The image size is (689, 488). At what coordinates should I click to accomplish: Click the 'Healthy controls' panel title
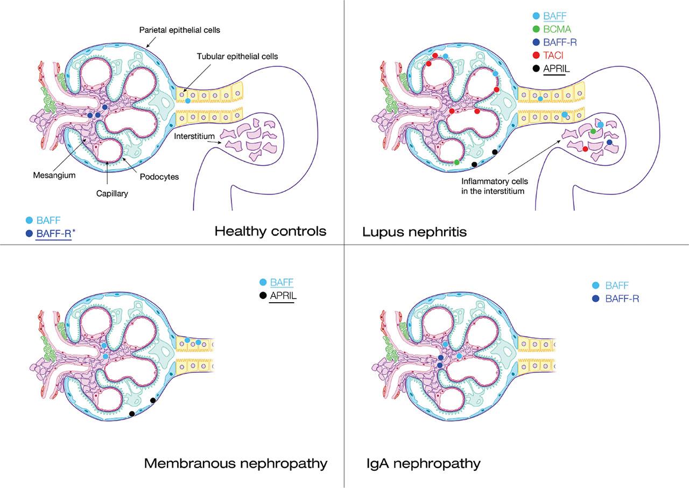click(270, 232)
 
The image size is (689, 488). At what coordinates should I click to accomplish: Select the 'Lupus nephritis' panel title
click(414, 232)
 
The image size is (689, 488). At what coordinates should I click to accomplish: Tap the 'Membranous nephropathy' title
click(236, 463)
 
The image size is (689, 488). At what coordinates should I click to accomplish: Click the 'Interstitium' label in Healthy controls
click(192, 136)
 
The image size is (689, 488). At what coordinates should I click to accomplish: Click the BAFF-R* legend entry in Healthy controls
click(54, 234)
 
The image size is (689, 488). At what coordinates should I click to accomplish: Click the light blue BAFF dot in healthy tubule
click(187, 101)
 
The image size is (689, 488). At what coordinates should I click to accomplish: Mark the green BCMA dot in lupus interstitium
click(593, 131)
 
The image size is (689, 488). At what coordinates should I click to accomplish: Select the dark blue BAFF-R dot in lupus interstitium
click(609, 142)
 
